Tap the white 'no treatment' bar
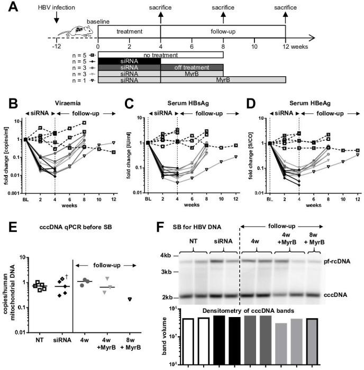[x=160, y=54]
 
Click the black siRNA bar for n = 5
[x=129, y=61]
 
